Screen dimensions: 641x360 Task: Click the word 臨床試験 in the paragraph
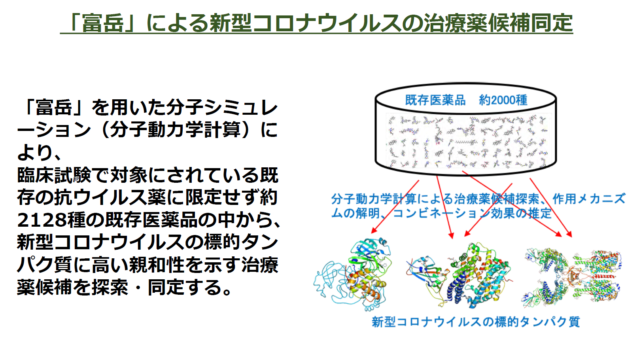click(x=54, y=175)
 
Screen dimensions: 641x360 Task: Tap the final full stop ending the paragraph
click(x=227, y=292)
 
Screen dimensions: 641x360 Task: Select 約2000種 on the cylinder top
click(x=503, y=100)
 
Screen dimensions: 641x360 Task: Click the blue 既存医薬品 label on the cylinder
click(x=435, y=100)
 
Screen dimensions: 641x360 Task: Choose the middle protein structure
click(x=458, y=275)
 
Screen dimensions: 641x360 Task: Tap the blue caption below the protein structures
click(x=476, y=322)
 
